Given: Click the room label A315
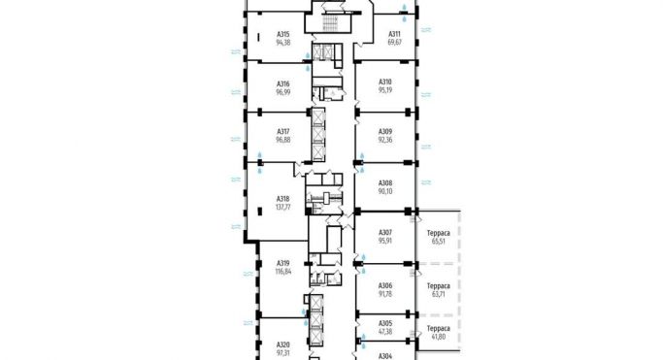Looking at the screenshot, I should (x=283, y=34).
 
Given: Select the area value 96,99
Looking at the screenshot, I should (x=283, y=92).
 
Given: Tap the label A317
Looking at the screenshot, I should (x=283, y=132).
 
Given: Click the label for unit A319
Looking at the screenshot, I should (x=283, y=262).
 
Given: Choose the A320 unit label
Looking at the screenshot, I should (x=283, y=344).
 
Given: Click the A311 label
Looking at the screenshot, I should (x=396, y=34).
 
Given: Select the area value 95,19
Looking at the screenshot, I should (x=385, y=90).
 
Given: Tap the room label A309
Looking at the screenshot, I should (x=385, y=132).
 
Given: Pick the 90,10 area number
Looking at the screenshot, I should (x=385, y=191).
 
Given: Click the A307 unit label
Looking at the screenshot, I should (x=385, y=232).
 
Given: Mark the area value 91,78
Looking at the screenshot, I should (x=385, y=292).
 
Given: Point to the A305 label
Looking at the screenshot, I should (x=385, y=323).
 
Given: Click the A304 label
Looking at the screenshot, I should (x=385, y=355).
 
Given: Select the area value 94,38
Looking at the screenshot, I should (x=283, y=43).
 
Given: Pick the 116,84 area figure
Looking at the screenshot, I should (x=283, y=272).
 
